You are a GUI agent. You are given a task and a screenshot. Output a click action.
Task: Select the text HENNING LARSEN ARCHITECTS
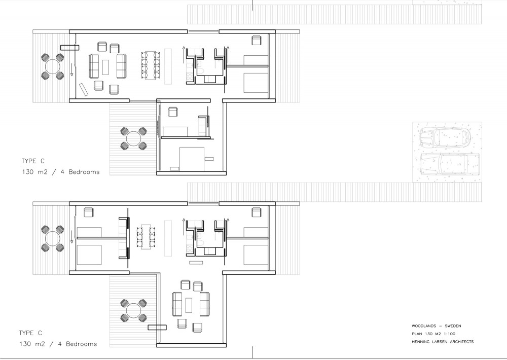pyautogui.click(x=443, y=342)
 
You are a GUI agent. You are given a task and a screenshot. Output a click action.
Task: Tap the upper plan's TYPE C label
pyautogui.click(x=33, y=161)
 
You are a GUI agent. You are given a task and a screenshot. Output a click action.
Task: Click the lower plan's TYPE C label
pyautogui.click(x=30, y=333)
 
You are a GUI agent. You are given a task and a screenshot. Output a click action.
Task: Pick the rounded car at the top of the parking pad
pyautogui.click(x=446, y=137)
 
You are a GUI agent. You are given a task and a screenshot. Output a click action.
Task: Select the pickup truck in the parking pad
pyautogui.click(x=449, y=164)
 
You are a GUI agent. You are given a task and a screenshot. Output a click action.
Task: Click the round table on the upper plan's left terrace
pyautogui.click(x=53, y=67)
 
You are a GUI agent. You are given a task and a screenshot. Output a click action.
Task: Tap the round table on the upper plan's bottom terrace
pyautogui.click(x=133, y=139)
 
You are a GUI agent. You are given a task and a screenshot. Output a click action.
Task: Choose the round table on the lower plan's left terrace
pyautogui.click(x=53, y=239)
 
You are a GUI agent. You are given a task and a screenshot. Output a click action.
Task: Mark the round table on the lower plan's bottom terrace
pyautogui.click(x=133, y=310)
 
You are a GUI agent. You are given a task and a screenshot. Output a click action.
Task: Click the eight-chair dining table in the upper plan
pyautogui.click(x=151, y=65)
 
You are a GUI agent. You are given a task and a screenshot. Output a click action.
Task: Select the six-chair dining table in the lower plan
pyautogui.click(x=146, y=236)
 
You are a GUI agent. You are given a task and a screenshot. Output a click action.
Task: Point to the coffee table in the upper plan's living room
pyautogui.click(x=106, y=67)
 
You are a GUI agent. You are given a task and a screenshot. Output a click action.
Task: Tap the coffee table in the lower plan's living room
pyautogui.click(x=189, y=305)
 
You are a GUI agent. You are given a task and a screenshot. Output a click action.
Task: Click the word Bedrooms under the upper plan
pyautogui.click(x=84, y=172)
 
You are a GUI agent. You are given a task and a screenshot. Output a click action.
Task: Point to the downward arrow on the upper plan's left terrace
pyautogui.click(x=71, y=70)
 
